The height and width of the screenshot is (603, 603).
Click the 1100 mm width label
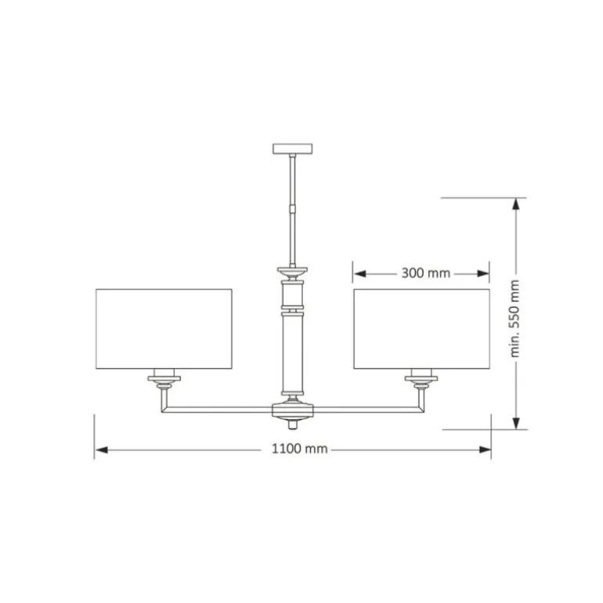click(300, 449)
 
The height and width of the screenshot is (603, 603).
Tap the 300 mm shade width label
click(426, 273)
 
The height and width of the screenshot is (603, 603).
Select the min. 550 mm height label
click(515, 319)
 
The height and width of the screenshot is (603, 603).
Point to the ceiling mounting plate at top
click(293, 149)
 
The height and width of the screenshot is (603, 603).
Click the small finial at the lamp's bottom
click(293, 424)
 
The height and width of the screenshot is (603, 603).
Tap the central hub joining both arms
click(293, 410)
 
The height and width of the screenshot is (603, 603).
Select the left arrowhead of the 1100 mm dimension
click(102, 450)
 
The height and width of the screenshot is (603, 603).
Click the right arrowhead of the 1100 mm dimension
click(485, 450)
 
